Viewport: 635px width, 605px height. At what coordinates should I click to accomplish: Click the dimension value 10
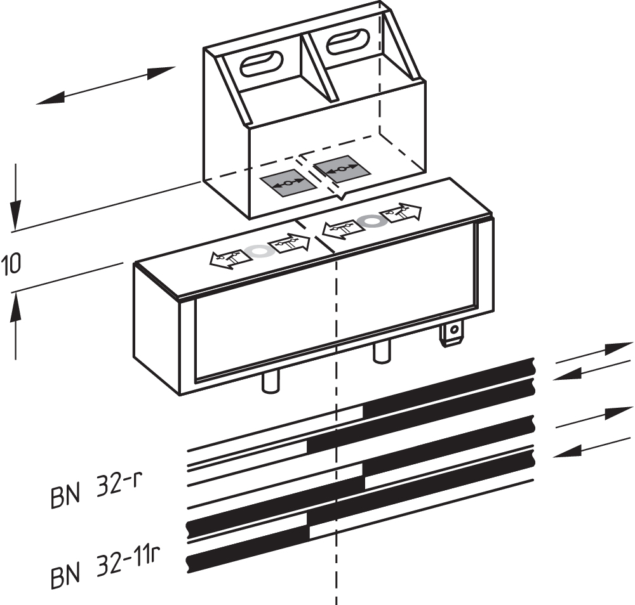click(11, 264)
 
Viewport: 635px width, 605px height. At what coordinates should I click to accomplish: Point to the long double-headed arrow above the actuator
click(105, 85)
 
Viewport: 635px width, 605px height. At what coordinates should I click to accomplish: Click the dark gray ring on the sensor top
click(370, 221)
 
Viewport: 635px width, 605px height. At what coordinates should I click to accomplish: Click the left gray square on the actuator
click(288, 183)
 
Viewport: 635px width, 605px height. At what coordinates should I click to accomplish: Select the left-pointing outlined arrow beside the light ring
click(228, 257)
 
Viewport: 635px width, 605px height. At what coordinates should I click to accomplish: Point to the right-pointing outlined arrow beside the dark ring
click(401, 212)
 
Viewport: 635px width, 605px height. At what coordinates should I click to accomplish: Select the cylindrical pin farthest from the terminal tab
click(271, 382)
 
